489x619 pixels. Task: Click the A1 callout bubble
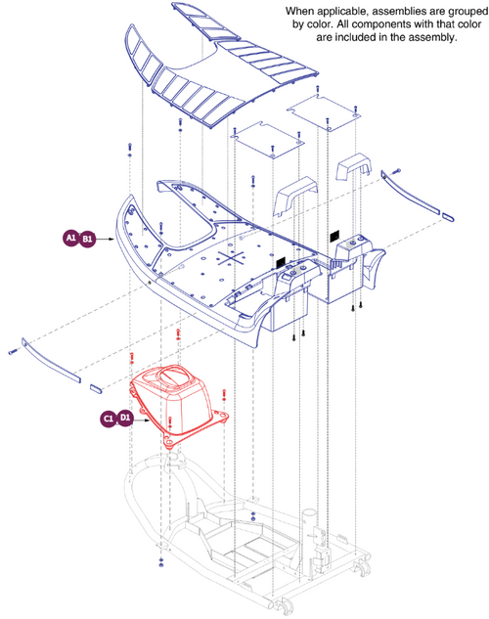[x=71, y=238]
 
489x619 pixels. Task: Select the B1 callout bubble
[x=87, y=238]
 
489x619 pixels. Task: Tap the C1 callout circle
[x=110, y=418]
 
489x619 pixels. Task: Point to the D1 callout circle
[x=125, y=418]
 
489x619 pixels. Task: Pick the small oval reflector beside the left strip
[x=96, y=387]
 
